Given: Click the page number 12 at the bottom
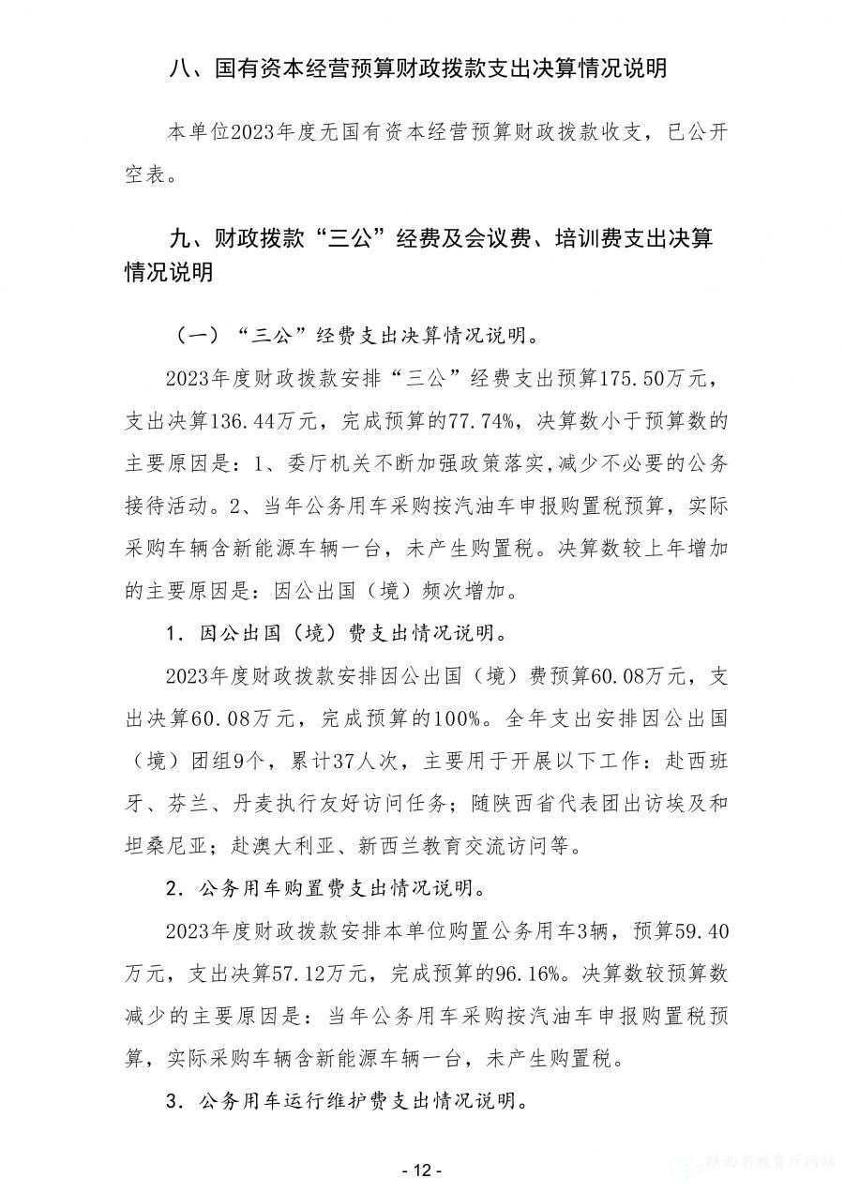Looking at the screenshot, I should coord(421,1170).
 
